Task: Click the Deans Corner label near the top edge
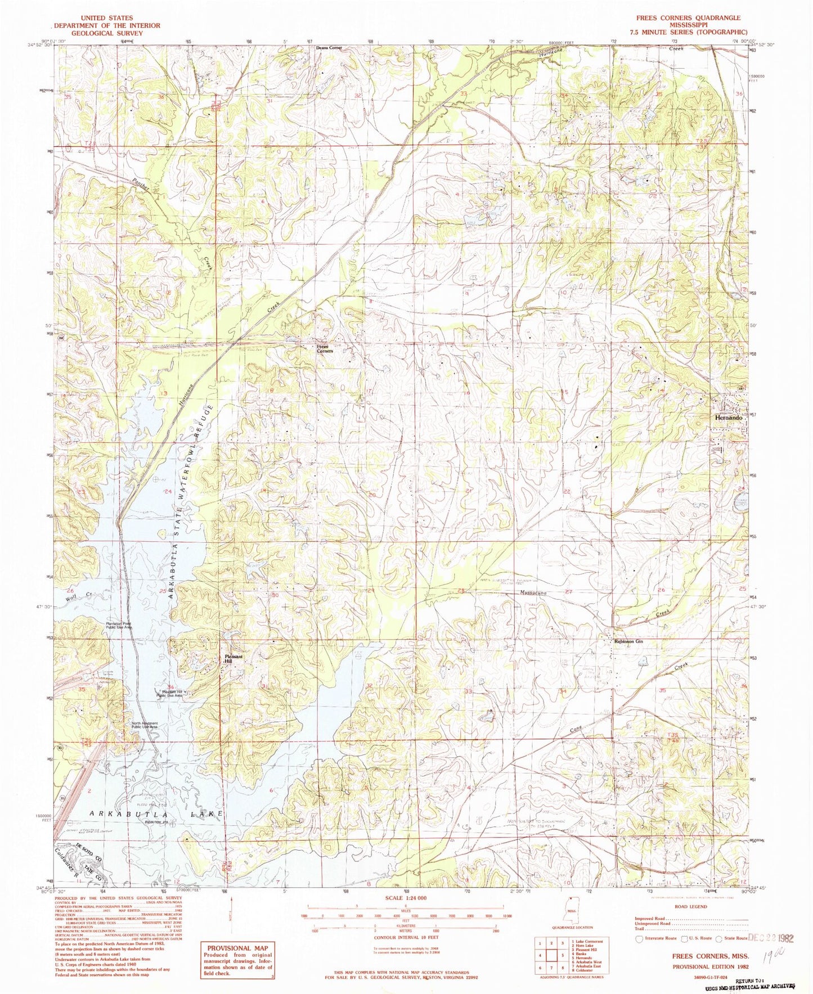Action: point(329,48)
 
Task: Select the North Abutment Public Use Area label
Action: point(145,726)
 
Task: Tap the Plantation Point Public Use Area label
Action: point(116,625)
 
